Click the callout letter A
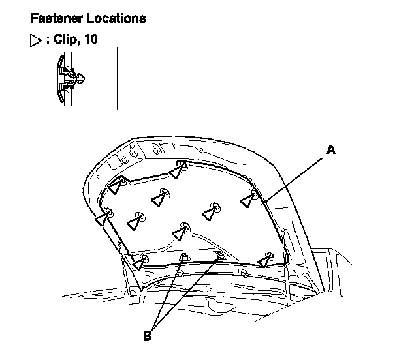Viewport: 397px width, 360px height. [331, 151]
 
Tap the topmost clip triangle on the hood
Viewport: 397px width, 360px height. [178, 171]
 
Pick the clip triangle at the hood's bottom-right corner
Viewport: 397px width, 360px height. [264, 260]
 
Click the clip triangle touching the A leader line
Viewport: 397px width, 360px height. [247, 200]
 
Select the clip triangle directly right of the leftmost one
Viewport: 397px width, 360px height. [136, 221]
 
